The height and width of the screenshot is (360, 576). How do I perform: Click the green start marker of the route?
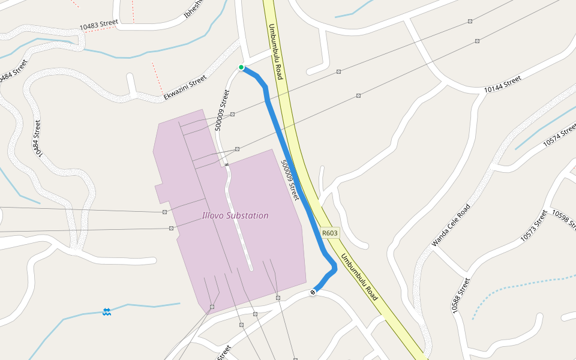(x=241, y=67)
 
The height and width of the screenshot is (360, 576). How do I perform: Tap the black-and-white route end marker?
(x=313, y=292)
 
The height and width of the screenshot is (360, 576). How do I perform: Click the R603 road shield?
(x=330, y=233)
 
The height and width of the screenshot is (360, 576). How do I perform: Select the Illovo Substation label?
(x=235, y=215)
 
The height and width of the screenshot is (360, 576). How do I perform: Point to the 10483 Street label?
(x=99, y=25)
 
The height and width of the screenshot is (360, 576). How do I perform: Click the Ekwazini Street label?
(x=185, y=88)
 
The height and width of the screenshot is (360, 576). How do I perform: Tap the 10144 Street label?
(x=503, y=84)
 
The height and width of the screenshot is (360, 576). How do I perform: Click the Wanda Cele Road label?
(x=450, y=226)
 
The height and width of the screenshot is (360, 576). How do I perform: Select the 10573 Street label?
(x=534, y=226)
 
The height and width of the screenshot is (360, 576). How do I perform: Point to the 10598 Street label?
(x=563, y=220)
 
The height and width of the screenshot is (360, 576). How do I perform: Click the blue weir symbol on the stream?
(x=106, y=311)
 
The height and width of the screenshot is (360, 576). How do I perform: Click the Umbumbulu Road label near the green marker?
(x=275, y=52)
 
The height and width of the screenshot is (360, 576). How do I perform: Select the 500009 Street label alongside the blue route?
(x=290, y=179)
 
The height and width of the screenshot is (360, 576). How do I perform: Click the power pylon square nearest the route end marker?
(x=278, y=298)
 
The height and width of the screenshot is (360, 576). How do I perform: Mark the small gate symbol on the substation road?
(x=226, y=164)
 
